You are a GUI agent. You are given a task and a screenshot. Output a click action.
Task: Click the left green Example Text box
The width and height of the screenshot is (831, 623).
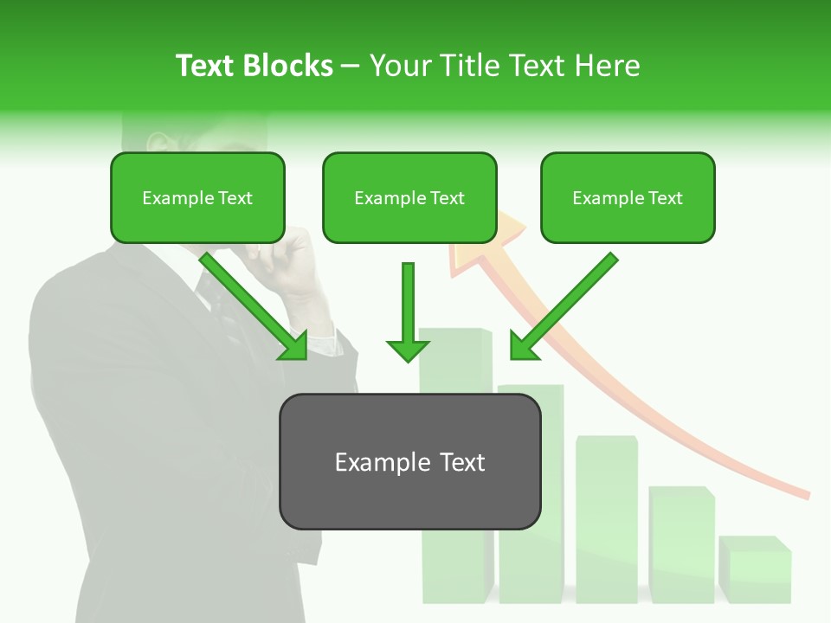point(197,198)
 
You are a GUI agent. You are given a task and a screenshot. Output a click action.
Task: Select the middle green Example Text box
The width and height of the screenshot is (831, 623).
point(409,198)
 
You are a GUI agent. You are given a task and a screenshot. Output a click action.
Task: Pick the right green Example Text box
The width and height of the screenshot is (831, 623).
point(628,198)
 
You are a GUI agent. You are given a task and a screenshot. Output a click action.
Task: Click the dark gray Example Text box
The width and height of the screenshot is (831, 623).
point(409,462)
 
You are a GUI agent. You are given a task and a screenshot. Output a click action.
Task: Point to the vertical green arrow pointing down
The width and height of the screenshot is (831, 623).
point(408,311)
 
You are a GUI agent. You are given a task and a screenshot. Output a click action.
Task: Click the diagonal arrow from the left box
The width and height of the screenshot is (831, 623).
point(255,307)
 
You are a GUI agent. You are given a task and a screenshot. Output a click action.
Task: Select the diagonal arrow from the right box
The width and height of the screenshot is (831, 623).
point(563,307)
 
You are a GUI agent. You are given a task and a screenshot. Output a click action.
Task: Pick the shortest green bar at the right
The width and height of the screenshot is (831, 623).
point(754,571)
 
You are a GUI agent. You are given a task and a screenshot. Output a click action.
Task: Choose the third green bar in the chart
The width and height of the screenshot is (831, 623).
point(606,519)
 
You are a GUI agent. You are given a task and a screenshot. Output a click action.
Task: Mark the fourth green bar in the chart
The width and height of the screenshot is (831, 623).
point(681,545)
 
